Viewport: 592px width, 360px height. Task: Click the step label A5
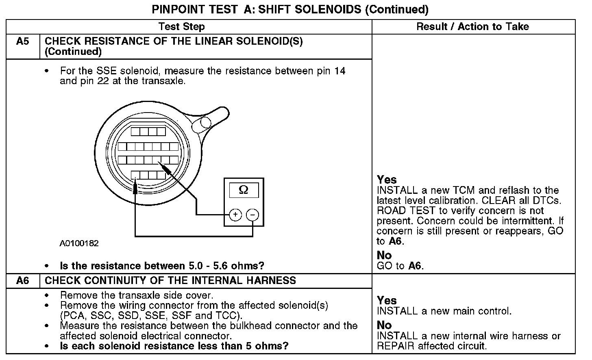click(x=23, y=41)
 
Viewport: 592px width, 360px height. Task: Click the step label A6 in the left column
click(x=23, y=281)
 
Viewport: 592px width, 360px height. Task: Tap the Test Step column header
click(x=181, y=27)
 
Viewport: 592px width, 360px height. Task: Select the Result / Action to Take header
click(x=472, y=27)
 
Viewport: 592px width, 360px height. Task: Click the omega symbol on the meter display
click(x=244, y=190)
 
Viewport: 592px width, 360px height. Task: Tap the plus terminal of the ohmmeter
click(x=235, y=214)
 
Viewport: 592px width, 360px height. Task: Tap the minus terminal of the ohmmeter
click(x=252, y=214)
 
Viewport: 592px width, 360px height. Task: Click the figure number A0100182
click(x=79, y=243)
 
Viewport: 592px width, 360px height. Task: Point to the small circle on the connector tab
click(x=206, y=122)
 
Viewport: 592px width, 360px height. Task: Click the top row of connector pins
click(x=148, y=132)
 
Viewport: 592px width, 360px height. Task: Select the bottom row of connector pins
click(x=149, y=175)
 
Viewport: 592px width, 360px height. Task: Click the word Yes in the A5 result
click(x=387, y=180)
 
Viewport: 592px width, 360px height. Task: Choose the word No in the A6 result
click(x=384, y=325)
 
